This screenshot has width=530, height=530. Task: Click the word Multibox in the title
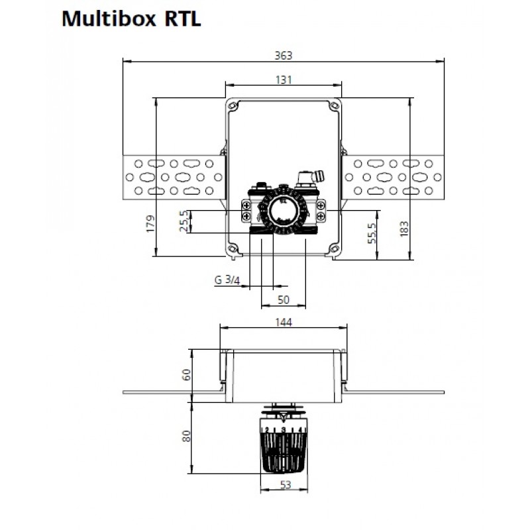pos(109,19)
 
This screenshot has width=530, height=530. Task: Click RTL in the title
pos(183,19)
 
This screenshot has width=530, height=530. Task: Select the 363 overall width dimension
pos(284,56)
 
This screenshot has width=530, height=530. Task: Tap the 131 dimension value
pos(284,79)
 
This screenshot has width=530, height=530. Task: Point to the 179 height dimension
pos(150,223)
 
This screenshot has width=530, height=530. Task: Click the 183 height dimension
pos(404,229)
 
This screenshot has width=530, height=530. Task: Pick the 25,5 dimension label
pos(184,221)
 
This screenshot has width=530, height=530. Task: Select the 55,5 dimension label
pos(372,233)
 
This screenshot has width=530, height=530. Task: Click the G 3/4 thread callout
pos(227,280)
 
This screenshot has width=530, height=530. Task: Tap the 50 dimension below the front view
pos(284,300)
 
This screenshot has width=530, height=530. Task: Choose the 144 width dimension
pos(284,322)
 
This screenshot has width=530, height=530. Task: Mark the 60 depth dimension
pos(186,374)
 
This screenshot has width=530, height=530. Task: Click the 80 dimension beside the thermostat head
pos(186,436)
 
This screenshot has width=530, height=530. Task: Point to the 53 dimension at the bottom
pos(286,485)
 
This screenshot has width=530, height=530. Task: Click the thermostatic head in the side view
pos(284,443)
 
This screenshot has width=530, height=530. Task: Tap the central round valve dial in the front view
pos(284,210)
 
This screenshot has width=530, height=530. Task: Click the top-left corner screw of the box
pos(233,106)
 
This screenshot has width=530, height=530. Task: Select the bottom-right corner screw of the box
pos(335,249)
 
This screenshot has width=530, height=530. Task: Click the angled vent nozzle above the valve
pos(318,176)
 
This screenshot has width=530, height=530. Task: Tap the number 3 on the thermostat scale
pos(284,430)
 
